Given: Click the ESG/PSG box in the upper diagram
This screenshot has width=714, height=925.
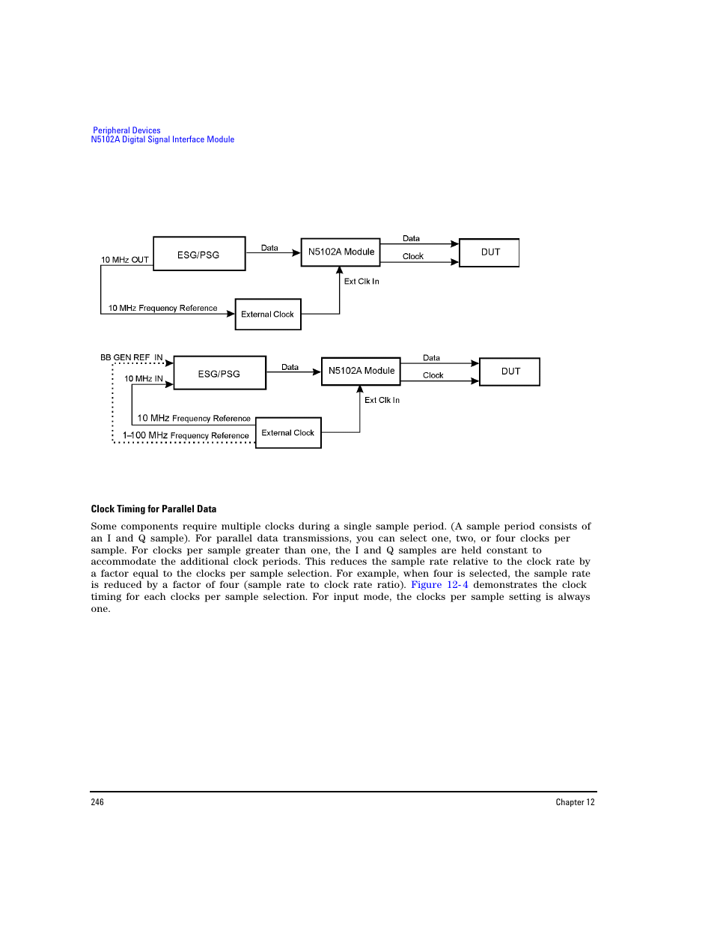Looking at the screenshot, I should pos(199,254).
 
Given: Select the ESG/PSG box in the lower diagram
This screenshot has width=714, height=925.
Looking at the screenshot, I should pos(219,373).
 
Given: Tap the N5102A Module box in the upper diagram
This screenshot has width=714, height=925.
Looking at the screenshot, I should pos(341,252).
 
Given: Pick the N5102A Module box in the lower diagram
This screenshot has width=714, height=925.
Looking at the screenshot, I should pos(361,371).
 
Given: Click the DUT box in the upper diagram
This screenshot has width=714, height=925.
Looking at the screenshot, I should pos(489,252).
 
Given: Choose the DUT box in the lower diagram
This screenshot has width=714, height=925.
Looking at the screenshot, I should pos(510,371).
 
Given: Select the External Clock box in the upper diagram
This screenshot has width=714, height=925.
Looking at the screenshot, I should pos(268,315).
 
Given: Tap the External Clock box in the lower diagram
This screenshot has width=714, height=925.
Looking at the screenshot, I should pos(288,433).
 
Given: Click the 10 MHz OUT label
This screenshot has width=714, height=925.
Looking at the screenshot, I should pos(125,260).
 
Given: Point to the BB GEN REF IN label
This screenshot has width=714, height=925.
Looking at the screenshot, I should pos(132,357).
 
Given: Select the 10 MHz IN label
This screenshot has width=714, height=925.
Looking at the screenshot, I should pos(144,379).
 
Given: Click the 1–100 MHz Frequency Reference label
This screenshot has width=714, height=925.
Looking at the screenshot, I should pos(186,435).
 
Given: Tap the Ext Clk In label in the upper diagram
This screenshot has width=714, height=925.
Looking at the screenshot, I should pos(361,282).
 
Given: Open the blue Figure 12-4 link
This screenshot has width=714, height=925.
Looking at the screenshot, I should pos(439,585).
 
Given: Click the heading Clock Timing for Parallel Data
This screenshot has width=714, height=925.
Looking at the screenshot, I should pos(153,509).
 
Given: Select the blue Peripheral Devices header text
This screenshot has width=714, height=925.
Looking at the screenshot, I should pos(126,130).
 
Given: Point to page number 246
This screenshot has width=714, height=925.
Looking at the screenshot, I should pos(97,802).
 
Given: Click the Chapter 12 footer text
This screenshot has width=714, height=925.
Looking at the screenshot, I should pos(575,802).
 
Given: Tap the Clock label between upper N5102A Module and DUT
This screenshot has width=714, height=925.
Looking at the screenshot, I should pos(413,256).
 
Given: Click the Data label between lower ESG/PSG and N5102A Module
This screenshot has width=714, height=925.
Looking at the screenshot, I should pos(290,367).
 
